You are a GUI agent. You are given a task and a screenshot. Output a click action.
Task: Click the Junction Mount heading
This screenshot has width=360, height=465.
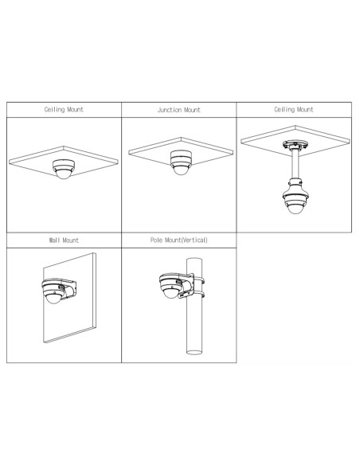179,110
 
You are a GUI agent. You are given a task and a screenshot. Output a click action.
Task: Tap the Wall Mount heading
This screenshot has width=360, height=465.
64,240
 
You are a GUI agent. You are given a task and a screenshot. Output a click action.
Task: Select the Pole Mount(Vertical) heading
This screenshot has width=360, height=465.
179,240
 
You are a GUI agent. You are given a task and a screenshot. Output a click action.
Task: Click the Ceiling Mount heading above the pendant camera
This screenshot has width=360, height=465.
294,110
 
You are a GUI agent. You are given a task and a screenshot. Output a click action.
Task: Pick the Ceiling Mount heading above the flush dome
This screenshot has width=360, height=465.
64,110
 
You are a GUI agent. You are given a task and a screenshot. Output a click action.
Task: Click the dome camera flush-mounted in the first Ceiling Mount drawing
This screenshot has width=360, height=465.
64,169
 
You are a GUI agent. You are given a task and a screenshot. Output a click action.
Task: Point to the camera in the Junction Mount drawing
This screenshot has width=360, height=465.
181,162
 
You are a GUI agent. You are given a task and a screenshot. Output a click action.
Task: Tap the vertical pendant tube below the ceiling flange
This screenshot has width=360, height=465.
295,164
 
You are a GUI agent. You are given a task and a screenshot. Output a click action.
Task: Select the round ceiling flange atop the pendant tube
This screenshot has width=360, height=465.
295,145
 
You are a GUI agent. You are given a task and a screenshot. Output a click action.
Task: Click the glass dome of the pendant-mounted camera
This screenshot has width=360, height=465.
295,209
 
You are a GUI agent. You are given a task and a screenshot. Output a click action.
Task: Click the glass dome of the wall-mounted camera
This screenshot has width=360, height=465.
53,299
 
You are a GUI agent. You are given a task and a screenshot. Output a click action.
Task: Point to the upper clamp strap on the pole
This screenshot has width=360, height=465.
199,280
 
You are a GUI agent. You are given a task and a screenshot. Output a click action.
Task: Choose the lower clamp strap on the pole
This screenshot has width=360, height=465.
199,295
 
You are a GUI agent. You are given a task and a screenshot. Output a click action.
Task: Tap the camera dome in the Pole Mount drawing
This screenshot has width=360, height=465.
171,293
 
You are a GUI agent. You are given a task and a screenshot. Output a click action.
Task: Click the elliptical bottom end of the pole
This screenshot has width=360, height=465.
194,352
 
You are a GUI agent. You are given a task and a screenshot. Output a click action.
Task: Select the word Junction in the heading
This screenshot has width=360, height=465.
168,110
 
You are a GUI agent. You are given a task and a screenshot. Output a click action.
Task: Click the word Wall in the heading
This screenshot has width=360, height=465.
55,240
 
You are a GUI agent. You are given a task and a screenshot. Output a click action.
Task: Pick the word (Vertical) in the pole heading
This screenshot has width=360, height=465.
194,240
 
